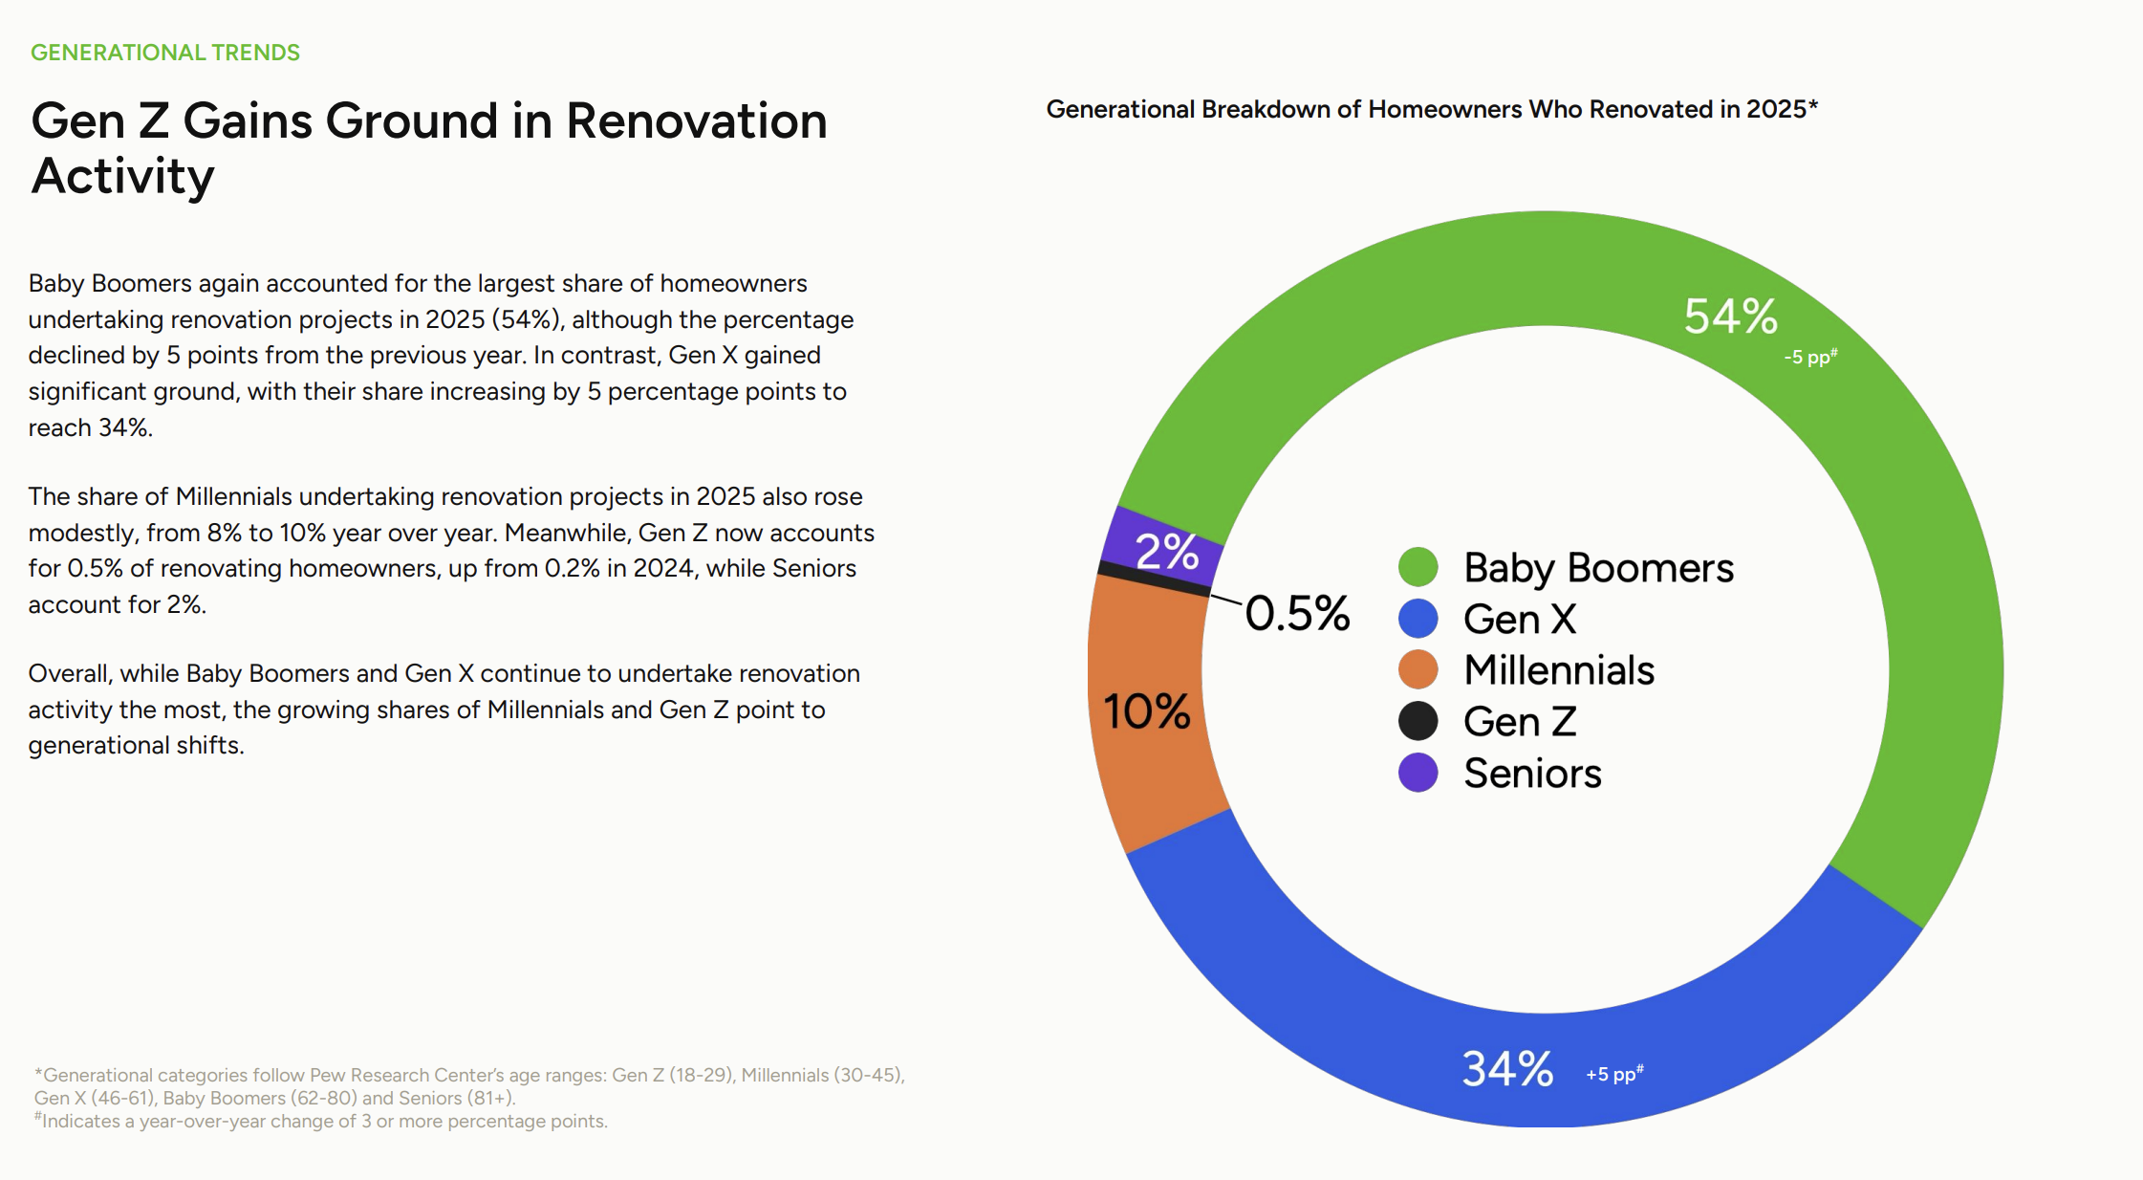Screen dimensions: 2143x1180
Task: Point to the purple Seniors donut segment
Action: click(1161, 545)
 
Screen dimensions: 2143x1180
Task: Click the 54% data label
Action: click(1730, 316)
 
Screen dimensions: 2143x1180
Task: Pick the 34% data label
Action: click(1507, 1068)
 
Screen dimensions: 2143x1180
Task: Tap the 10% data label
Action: click(1146, 711)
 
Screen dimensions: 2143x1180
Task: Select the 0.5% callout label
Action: click(1297, 613)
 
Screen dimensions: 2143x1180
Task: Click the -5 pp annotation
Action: click(1810, 357)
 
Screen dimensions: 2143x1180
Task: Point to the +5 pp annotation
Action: click(1614, 1073)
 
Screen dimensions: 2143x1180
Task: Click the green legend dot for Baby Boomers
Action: click(1418, 567)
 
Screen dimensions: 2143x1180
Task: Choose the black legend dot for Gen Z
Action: click(1418, 721)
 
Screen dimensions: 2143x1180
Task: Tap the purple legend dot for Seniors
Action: click(1418, 773)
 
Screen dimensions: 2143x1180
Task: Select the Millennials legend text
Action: click(1559, 670)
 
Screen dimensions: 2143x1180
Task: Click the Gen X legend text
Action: click(1520, 619)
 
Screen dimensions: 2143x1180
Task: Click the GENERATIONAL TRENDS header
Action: click(165, 53)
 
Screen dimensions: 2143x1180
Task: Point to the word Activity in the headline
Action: click(123, 177)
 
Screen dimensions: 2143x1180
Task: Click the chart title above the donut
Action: click(1432, 109)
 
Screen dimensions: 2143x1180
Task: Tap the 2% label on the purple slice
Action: click(1167, 551)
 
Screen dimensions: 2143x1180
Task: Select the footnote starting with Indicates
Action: click(321, 1121)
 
